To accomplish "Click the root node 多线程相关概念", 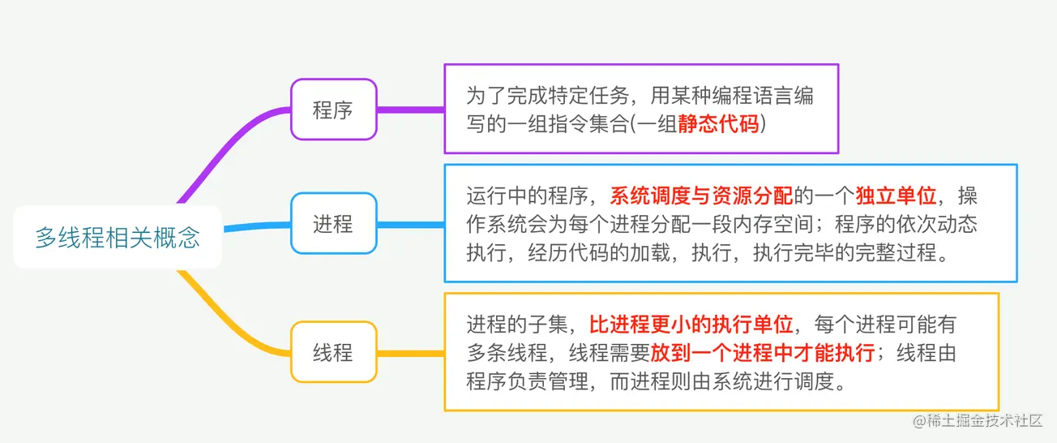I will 118,238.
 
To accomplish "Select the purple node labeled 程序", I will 333,110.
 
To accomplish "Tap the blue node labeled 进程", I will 333,223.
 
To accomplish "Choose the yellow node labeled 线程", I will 333,352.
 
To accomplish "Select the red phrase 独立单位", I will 896,196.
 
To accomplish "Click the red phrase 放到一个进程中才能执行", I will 762,353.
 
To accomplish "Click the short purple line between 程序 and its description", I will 410,110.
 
